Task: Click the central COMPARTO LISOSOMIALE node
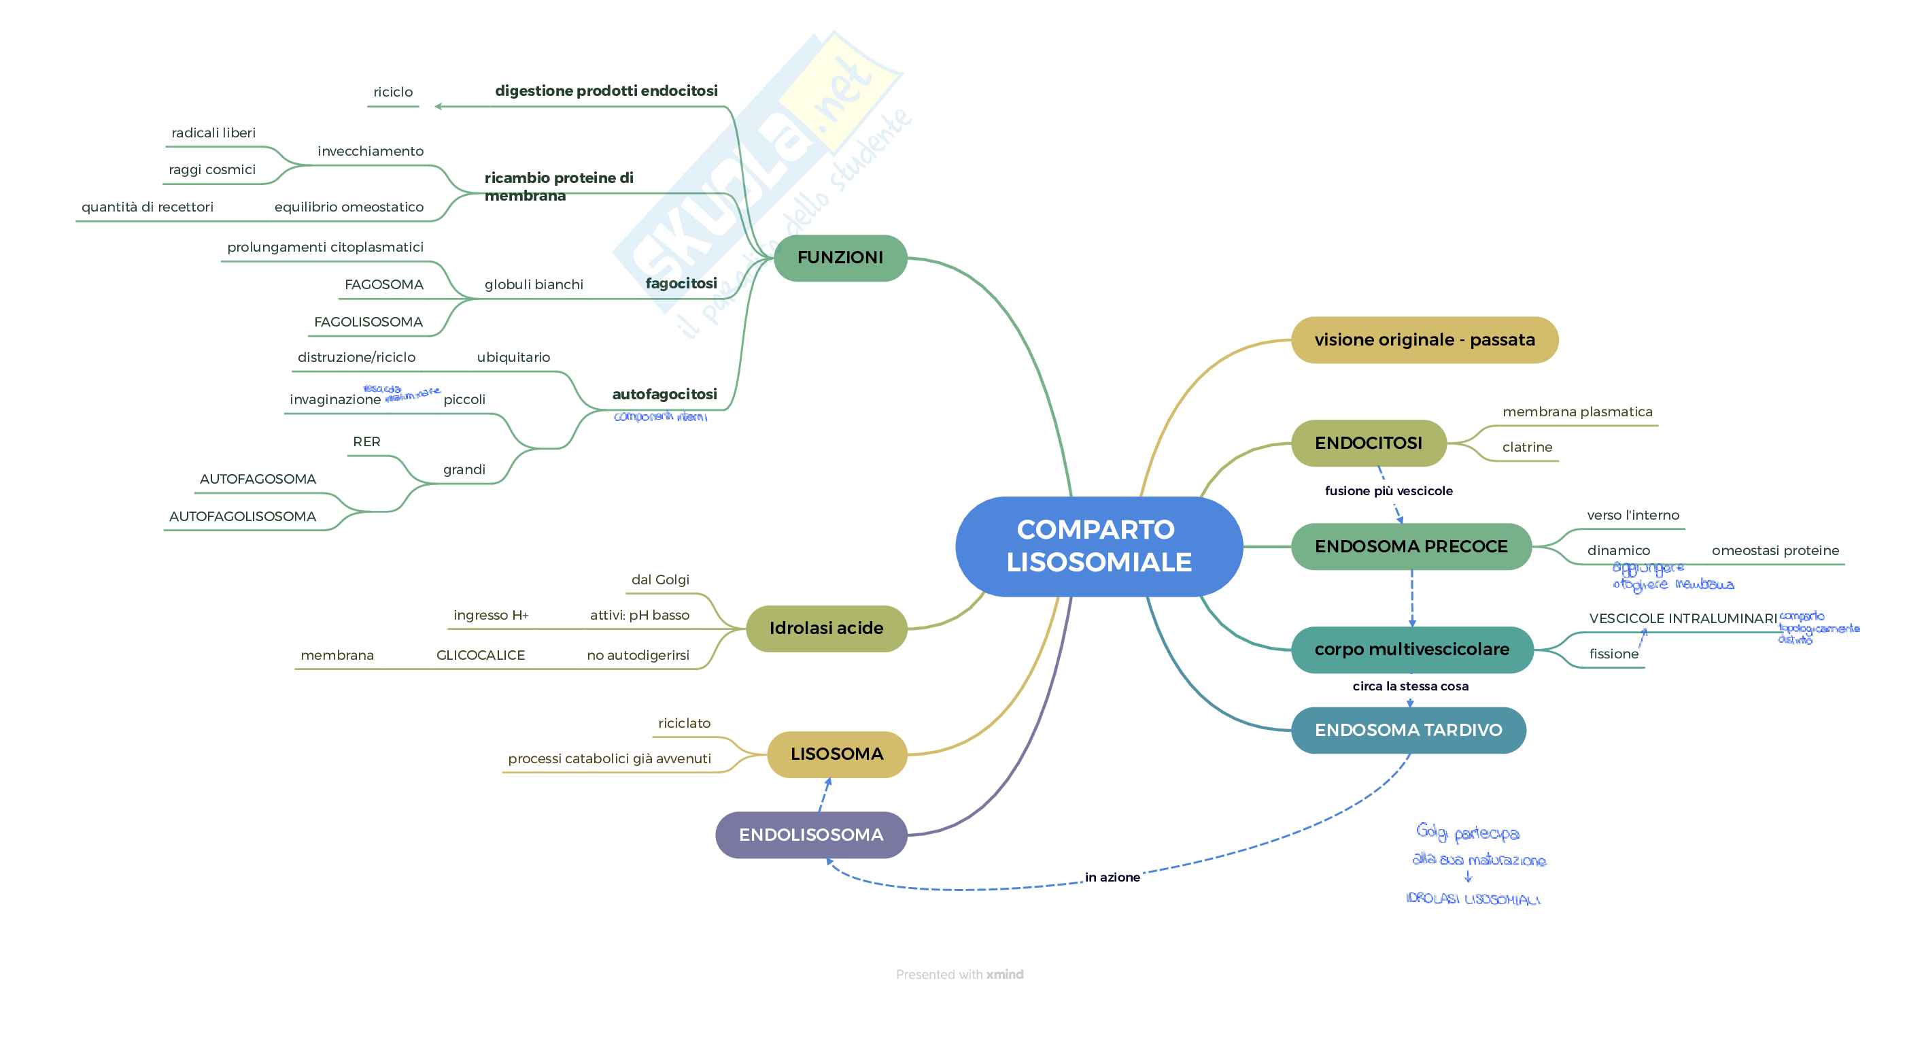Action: coord(1098,546)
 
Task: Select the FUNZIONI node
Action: coord(840,257)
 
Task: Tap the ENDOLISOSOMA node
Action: coord(811,835)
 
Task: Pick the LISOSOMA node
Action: coord(836,754)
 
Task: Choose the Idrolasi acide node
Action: coord(826,629)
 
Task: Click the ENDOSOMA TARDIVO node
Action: coord(1408,730)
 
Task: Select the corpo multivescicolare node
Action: coord(1411,649)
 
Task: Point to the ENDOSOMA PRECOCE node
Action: coord(1411,546)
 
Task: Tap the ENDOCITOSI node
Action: coord(1369,443)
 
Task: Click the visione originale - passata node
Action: coord(1424,339)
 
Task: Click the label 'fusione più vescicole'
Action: coord(1388,491)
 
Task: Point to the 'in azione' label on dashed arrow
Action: coord(1112,877)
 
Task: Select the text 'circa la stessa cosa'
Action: coord(1410,686)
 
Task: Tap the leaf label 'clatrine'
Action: coord(1526,447)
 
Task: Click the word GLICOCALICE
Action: coord(481,655)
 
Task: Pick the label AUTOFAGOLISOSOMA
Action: coord(243,516)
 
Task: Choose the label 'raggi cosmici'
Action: coord(212,169)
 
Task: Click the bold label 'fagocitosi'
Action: coord(681,284)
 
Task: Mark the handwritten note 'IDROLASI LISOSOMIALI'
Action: coord(1472,899)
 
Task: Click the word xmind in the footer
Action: coord(1004,974)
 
